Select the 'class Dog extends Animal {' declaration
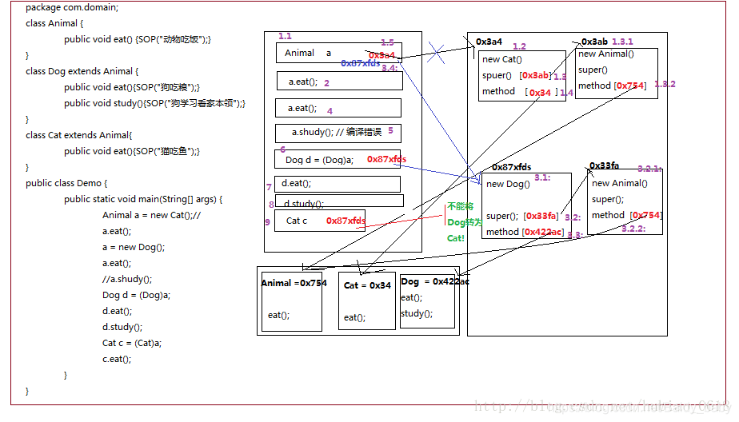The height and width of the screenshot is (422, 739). point(82,71)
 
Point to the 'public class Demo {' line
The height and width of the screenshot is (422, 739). point(66,183)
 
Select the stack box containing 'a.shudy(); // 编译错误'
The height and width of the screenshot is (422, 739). point(338,133)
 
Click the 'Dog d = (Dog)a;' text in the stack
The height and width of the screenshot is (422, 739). point(319,160)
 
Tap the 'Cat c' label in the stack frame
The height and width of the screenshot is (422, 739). point(297,221)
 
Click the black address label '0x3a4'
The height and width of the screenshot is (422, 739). point(489,42)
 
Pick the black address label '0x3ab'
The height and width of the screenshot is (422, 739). point(594,42)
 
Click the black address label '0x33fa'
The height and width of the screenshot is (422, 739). point(605,165)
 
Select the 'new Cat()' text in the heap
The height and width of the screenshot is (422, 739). point(501,59)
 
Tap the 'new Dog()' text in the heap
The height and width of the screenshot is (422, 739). point(508,184)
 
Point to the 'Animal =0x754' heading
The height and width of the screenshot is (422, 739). point(294,283)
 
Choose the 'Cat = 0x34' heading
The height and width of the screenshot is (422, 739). point(367,285)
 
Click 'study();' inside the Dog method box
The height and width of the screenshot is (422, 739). point(417,313)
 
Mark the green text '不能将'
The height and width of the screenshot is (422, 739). point(460,206)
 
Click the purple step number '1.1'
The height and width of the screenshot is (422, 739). point(285,37)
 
